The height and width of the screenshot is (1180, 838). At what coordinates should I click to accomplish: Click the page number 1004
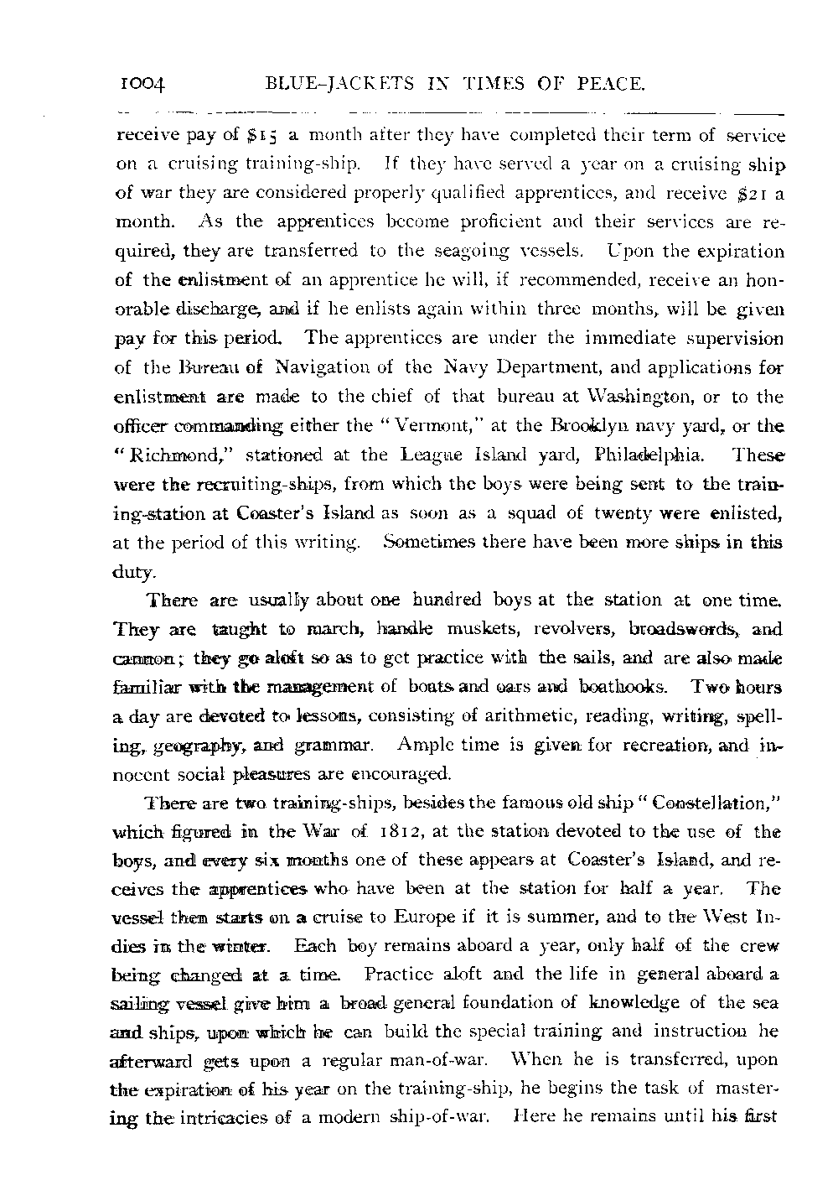(x=144, y=84)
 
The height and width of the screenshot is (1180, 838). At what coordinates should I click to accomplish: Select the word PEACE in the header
(x=611, y=84)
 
